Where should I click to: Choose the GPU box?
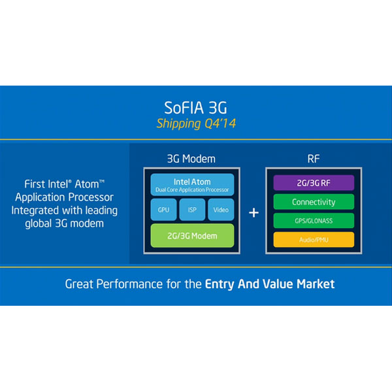click(x=163, y=210)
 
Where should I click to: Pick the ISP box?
click(x=192, y=210)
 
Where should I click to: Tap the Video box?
click(x=221, y=210)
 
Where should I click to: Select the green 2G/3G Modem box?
click(x=192, y=235)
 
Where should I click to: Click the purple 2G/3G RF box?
click(x=314, y=183)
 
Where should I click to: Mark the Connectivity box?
click(x=314, y=202)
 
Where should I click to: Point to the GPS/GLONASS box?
click(x=314, y=221)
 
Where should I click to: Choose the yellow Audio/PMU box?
click(x=314, y=239)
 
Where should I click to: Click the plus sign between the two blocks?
click(x=253, y=213)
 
